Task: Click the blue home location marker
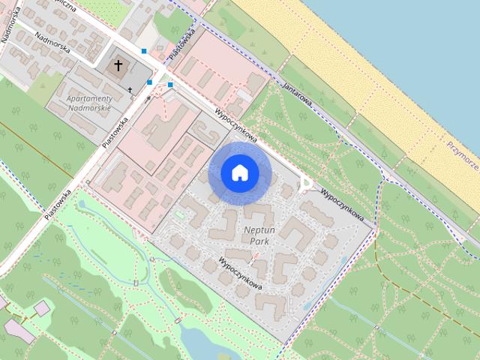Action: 240,173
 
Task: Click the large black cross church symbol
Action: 118,66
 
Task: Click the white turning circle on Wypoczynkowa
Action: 305,182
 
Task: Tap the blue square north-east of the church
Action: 144,51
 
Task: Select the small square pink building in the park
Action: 42,308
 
